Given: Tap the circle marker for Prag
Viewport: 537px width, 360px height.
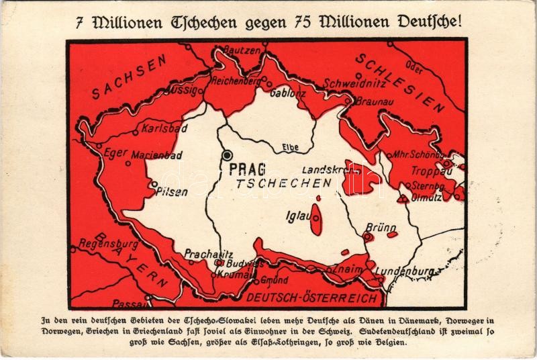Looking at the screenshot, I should [228, 154].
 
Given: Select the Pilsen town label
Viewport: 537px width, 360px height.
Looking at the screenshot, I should [172, 191].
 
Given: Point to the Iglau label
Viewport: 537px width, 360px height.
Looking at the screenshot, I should [297, 216].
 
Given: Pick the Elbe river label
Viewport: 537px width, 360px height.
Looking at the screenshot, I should [289, 147].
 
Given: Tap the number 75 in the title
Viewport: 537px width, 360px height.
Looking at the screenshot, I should [296, 21].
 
